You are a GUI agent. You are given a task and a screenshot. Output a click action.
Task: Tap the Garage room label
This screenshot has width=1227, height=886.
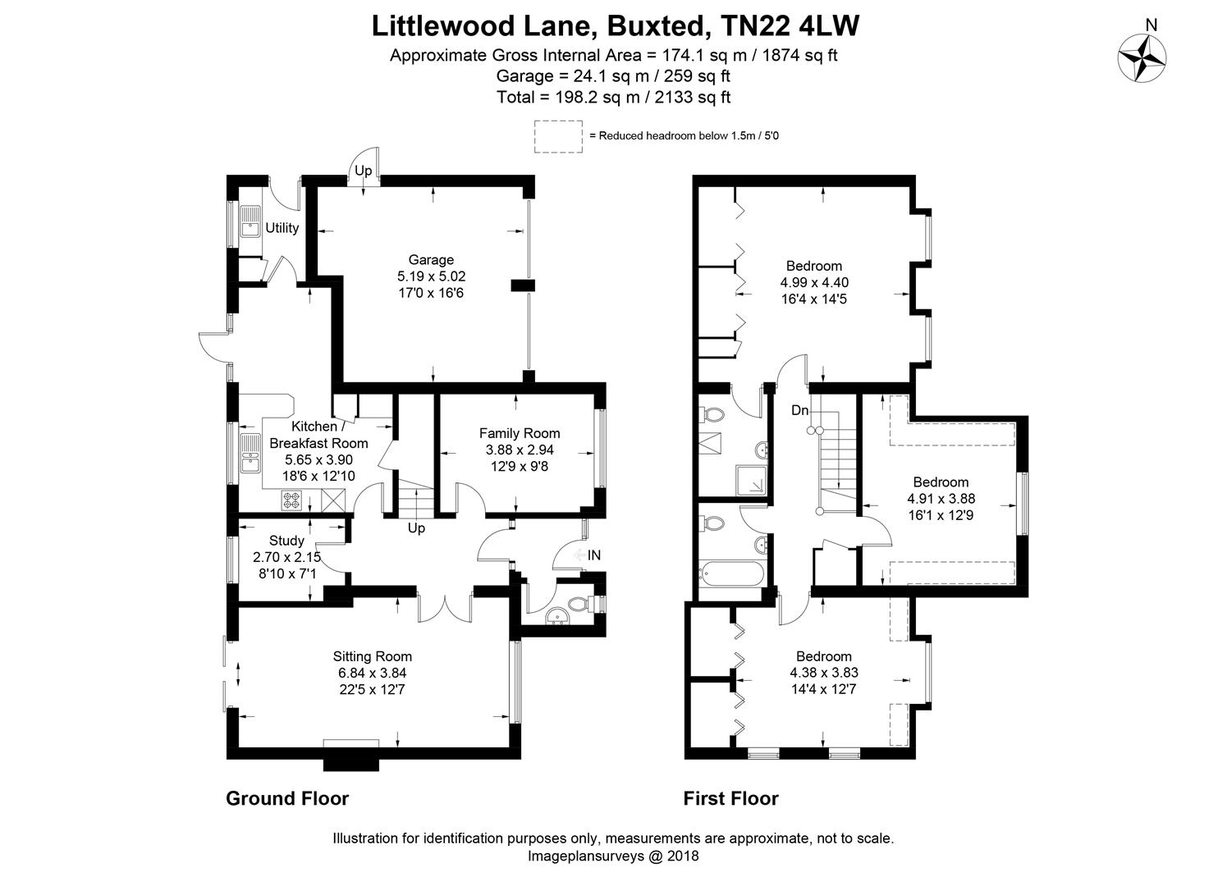click(431, 260)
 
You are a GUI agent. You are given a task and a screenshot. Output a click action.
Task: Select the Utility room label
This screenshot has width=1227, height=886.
click(282, 228)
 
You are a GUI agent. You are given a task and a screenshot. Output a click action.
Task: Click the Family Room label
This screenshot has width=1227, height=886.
click(520, 433)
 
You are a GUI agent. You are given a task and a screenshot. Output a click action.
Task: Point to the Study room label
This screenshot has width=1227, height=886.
click(286, 541)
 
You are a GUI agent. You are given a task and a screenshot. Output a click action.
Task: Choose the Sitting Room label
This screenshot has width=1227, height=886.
click(373, 656)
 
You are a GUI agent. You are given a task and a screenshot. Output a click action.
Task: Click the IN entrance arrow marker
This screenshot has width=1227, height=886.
click(588, 555)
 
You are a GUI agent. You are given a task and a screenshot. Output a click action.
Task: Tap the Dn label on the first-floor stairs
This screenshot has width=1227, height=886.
click(799, 410)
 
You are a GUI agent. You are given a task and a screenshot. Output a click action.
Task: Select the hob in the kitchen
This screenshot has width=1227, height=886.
click(292, 500)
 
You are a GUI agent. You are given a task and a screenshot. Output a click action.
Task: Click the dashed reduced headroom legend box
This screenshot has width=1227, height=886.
click(558, 136)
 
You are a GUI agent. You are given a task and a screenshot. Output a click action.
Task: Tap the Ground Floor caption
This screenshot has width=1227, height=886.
click(287, 798)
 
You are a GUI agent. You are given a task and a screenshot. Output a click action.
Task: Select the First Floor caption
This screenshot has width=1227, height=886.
click(731, 798)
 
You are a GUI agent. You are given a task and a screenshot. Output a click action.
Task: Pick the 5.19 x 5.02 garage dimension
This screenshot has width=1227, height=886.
click(431, 276)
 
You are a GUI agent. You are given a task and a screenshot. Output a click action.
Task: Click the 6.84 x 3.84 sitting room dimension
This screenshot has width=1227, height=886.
click(373, 673)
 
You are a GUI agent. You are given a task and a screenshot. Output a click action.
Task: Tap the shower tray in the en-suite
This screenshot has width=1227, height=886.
click(753, 482)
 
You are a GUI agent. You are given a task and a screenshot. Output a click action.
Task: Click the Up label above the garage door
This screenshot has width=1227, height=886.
click(363, 171)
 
